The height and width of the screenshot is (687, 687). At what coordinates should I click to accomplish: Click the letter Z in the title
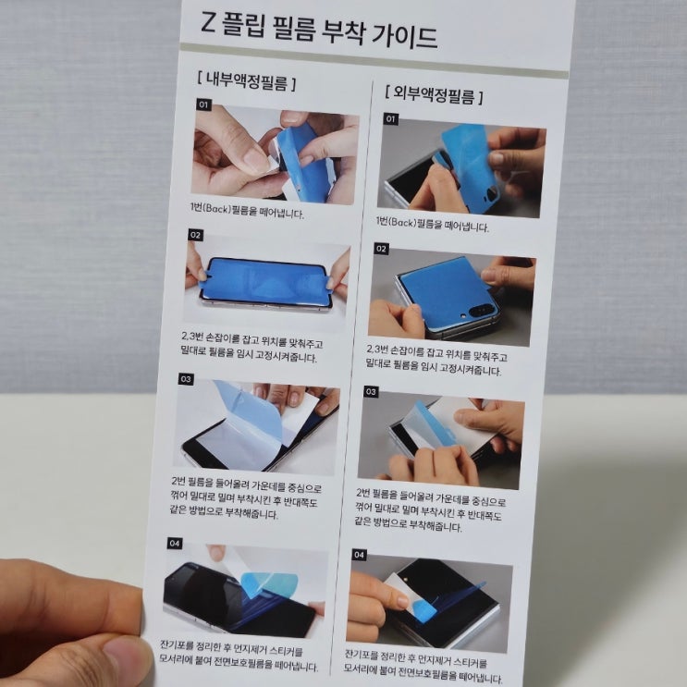point(208,23)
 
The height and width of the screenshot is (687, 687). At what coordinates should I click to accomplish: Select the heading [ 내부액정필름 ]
point(246,81)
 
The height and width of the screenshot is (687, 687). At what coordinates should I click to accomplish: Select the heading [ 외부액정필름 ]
point(434,94)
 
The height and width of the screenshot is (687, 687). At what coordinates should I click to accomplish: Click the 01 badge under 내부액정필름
point(203,104)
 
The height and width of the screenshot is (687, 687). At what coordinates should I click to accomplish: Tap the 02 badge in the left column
point(195,235)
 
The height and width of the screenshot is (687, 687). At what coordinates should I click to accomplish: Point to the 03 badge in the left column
point(186,379)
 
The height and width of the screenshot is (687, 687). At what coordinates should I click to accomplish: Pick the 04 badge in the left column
point(175,544)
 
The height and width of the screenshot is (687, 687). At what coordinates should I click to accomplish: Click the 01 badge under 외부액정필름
point(391,118)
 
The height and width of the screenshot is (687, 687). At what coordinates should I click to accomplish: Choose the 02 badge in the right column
point(381,249)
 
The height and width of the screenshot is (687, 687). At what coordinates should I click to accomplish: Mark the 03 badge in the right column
point(371,392)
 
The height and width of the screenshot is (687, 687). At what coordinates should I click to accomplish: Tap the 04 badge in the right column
point(360,555)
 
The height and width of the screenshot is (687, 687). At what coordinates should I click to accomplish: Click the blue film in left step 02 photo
point(264,281)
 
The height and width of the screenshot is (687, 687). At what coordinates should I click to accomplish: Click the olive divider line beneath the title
point(374,60)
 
